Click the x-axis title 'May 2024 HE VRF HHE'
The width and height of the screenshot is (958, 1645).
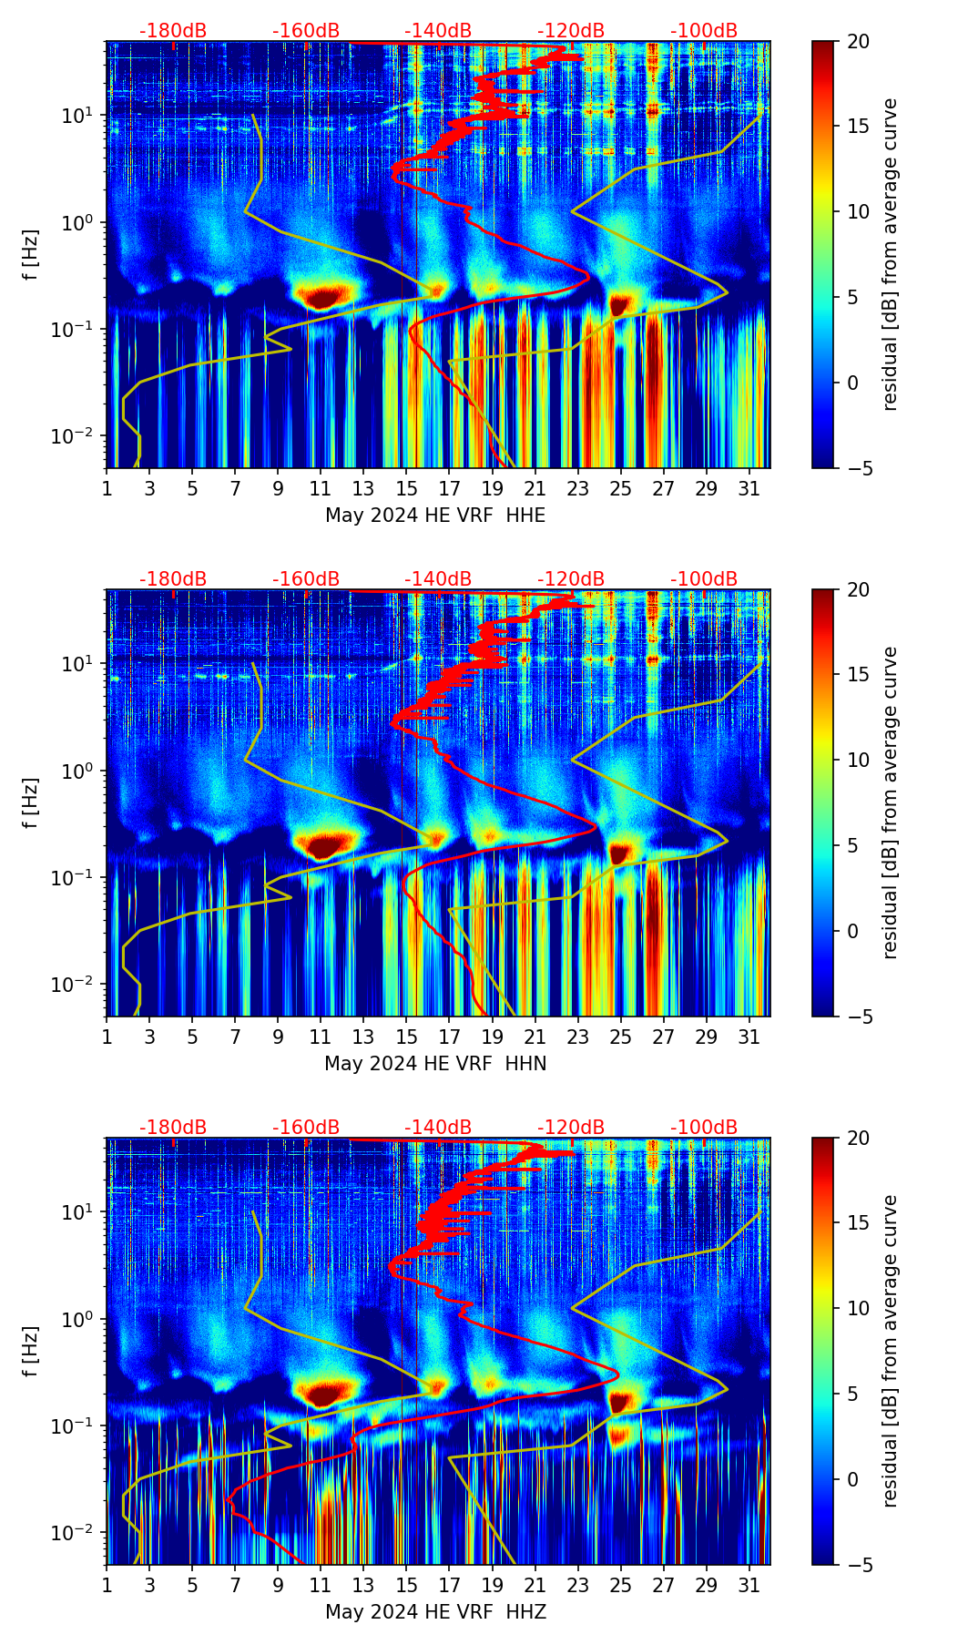coord(435,516)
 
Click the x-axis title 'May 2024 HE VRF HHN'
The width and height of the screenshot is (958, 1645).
coord(435,1064)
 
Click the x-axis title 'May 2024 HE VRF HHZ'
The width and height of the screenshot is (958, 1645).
coord(435,1612)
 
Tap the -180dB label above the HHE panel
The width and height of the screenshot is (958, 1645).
coord(173,31)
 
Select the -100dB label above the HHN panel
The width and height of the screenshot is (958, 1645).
coord(704,579)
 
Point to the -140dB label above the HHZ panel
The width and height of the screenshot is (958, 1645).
coord(438,1128)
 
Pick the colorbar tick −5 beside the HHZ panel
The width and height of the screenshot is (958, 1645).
coord(858,1565)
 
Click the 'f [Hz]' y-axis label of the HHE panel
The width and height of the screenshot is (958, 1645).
coord(32,255)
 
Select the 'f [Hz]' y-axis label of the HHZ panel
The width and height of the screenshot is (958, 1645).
coord(32,1352)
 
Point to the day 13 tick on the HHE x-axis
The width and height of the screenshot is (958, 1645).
coord(363,489)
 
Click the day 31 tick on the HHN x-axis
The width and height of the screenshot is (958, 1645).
coord(749,1037)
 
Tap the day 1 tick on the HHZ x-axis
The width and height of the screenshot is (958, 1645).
coord(107,1586)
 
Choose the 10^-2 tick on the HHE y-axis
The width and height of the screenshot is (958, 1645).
coord(75,436)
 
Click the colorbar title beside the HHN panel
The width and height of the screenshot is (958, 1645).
coord(891,802)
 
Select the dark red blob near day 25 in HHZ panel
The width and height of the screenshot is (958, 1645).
coord(619,1400)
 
